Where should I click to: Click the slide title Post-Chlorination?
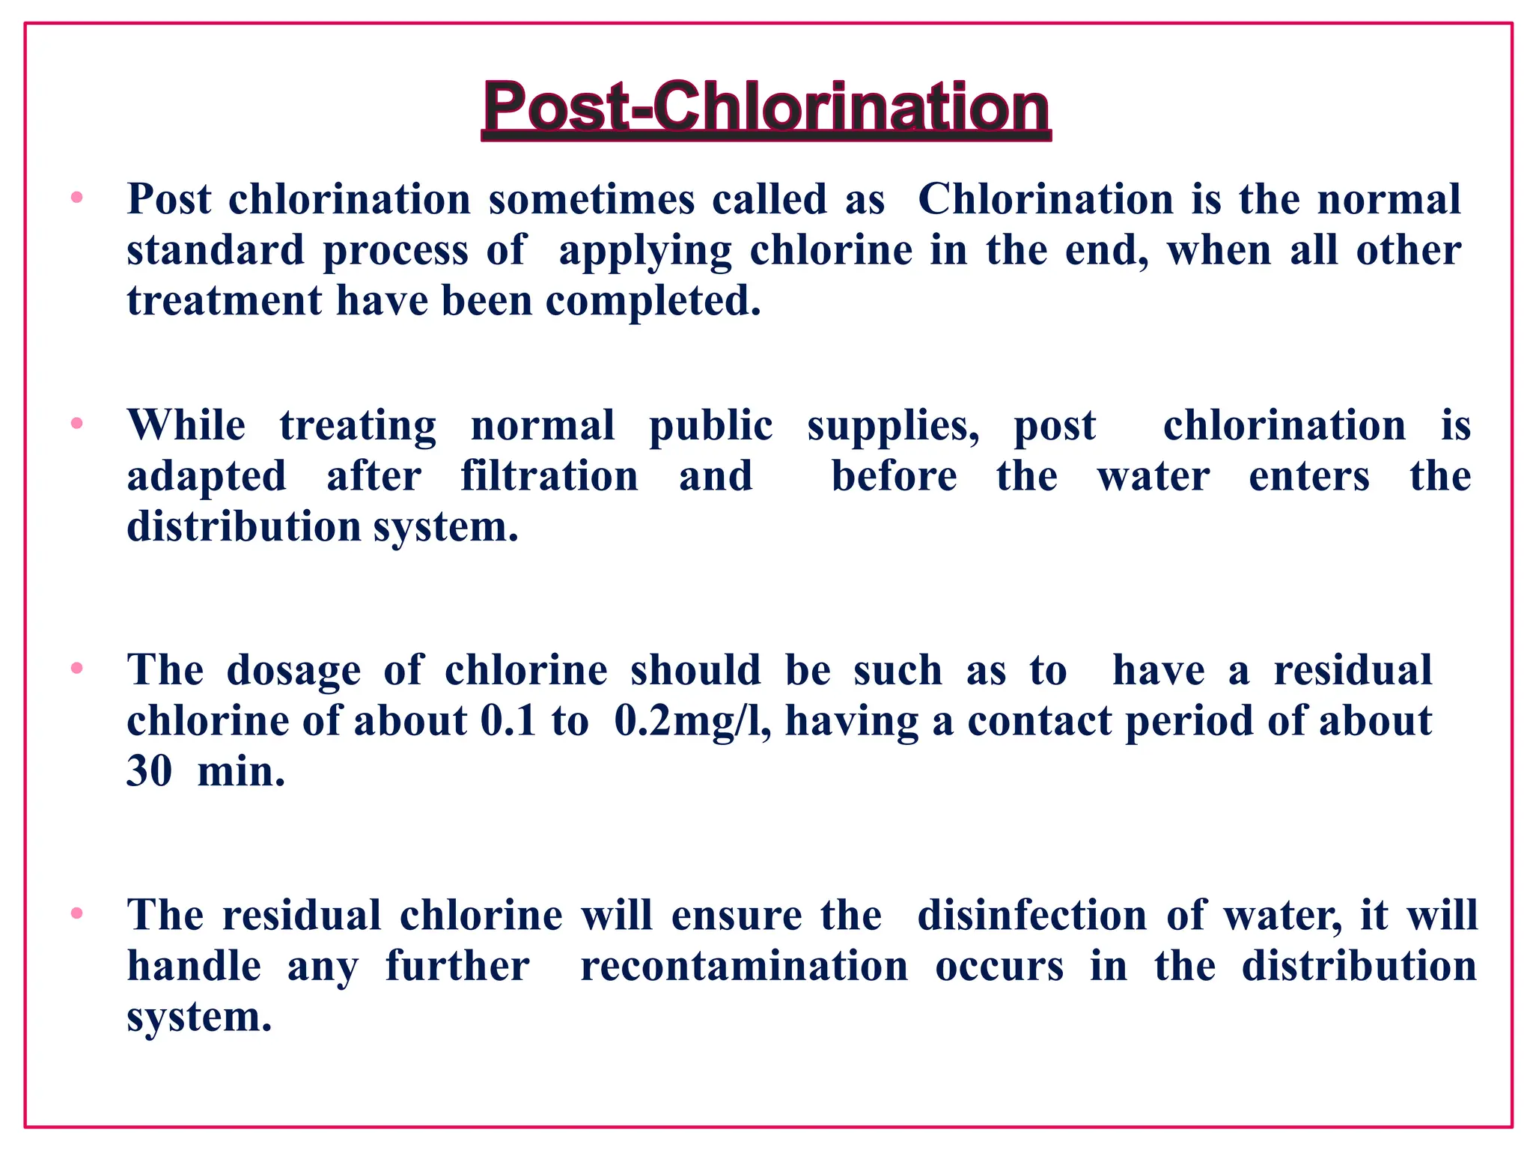(766, 109)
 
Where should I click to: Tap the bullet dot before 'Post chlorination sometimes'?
(76, 198)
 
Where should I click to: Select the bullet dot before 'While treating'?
(76, 424)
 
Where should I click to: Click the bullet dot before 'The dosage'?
(76, 669)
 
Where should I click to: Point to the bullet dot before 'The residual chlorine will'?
(76, 913)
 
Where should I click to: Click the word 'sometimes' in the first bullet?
(591, 200)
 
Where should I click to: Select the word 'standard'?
(216, 250)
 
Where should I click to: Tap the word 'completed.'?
(653, 301)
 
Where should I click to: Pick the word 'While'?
(186, 425)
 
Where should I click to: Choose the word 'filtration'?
(549, 476)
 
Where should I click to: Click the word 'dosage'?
(293, 671)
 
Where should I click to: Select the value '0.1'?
(508, 721)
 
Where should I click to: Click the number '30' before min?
(149, 771)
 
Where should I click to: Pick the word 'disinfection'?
(1031, 915)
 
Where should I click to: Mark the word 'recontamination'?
(744, 966)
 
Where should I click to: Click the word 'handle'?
(194, 966)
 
